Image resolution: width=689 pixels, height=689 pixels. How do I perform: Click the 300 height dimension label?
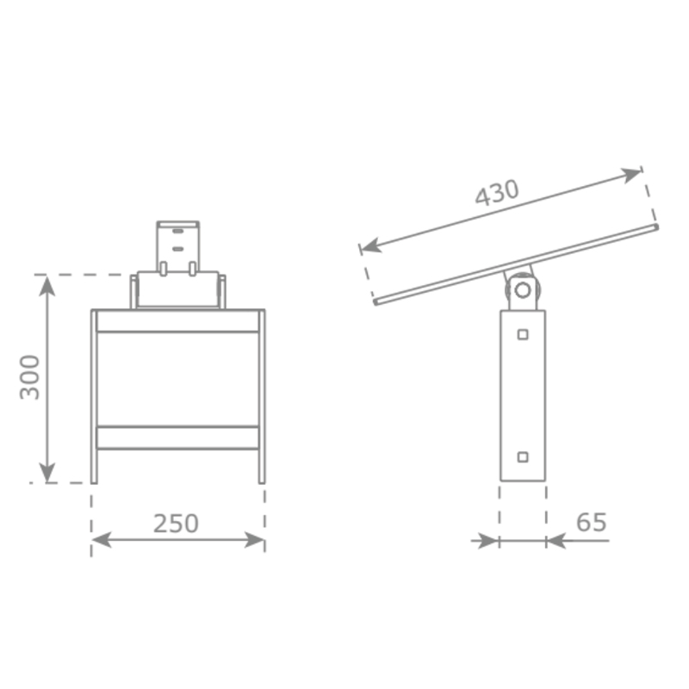pos(30,377)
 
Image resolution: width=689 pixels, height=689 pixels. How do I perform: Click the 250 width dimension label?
pos(176,524)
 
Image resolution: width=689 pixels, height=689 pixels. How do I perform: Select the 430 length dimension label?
pos(497,192)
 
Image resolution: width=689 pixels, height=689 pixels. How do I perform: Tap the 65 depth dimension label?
pos(591,522)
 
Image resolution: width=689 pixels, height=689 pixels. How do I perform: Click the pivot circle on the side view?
pos(523,290)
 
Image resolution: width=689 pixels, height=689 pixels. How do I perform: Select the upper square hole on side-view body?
pos(523,334)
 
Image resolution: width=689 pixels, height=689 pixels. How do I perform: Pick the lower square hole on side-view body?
pos(523,457)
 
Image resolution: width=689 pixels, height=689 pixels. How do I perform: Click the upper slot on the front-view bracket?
pos(178,231)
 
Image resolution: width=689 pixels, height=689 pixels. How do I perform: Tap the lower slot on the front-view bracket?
pos(178,249)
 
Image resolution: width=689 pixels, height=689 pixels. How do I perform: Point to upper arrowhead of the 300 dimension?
pos(47,286)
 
